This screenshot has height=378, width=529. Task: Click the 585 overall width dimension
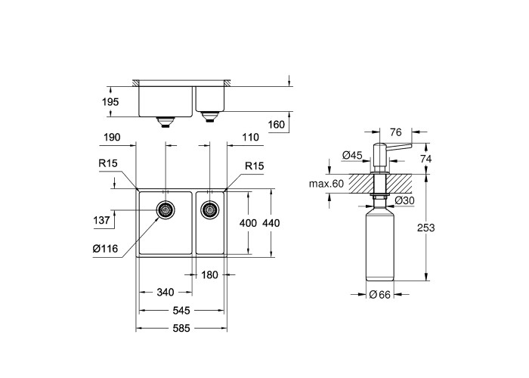click(181, 328)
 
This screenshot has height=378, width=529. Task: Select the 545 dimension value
click(181, 310)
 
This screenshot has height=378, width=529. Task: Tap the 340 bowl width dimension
click(166, 292)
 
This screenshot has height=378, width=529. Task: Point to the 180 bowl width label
click(209, 275)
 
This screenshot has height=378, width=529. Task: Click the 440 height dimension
click(271, 223)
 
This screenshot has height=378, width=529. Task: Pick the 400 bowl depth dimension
click(248, 223)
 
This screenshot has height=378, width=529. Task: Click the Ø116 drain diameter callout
click(105, 249)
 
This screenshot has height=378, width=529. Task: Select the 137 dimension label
click(101, 221)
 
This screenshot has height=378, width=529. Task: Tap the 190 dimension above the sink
click(112, 138)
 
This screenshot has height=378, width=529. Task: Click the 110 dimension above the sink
click(251, 138)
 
